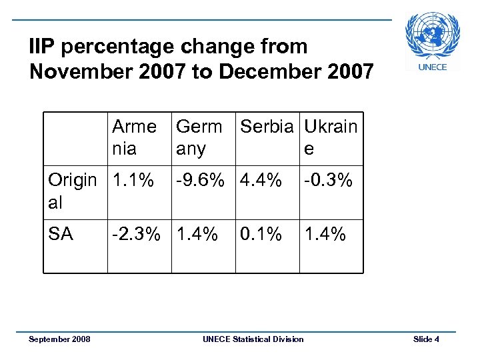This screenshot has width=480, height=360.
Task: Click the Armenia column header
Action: tap(134, 137)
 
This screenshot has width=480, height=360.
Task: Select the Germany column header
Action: tap(199, 137)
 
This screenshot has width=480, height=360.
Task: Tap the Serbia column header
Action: tap(266, 127)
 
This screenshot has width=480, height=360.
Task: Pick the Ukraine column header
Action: tap(331, 137)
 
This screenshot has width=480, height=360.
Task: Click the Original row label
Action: tap(72, 191)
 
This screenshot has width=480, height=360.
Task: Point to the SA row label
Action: tap(61, 234)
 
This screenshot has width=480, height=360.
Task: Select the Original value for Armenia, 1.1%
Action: tap(133, 180)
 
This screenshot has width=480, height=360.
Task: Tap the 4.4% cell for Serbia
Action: tap(261, 180)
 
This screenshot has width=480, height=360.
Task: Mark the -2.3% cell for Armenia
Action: tap(135, 234)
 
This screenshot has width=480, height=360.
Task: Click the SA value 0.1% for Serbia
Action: tap(261, 234)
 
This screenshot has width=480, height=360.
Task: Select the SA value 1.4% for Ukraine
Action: tap(325, 234)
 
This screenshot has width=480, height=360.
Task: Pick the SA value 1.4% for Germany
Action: tap(197, 234)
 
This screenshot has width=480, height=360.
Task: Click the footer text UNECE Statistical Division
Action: tap(253, 339)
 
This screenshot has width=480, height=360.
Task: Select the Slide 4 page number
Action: tap(426, 339)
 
